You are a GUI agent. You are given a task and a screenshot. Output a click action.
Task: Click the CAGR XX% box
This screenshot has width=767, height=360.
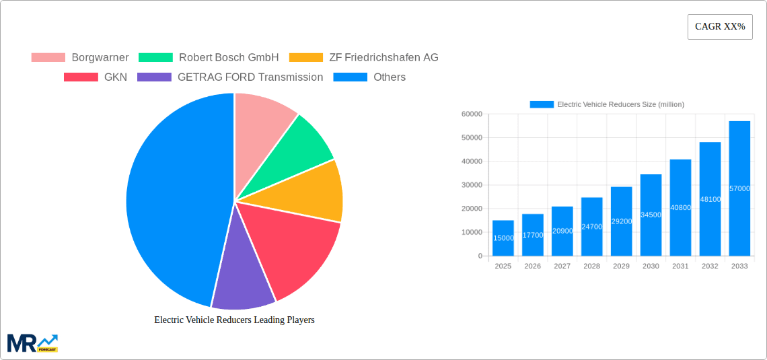tap(720, 27)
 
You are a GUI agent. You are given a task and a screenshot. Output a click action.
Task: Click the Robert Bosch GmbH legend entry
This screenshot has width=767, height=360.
tap(209, 58)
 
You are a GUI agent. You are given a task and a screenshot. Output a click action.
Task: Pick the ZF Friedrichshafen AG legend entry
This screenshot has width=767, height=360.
tap(363, 58)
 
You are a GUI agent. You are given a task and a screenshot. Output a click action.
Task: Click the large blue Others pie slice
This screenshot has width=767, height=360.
tap(175, 202)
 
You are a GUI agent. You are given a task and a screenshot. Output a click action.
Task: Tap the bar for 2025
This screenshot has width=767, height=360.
tap(503, 238)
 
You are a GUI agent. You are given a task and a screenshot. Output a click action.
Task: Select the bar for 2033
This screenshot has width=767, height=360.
tap(739, 188)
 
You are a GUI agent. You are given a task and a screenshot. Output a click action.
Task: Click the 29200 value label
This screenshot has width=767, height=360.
tap(621, 221)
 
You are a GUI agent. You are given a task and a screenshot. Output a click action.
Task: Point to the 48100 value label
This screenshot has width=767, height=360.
tap(710, 199)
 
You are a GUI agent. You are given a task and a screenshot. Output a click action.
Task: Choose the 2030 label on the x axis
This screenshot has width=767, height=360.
tap(651, 266)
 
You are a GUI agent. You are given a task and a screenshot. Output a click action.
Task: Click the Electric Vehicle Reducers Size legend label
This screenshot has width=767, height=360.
tap(620, 104)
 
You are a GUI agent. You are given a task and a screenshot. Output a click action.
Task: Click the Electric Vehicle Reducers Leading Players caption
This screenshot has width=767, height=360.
tap(234, 320)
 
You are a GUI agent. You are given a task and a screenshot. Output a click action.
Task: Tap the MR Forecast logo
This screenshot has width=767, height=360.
tap(32, 343)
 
